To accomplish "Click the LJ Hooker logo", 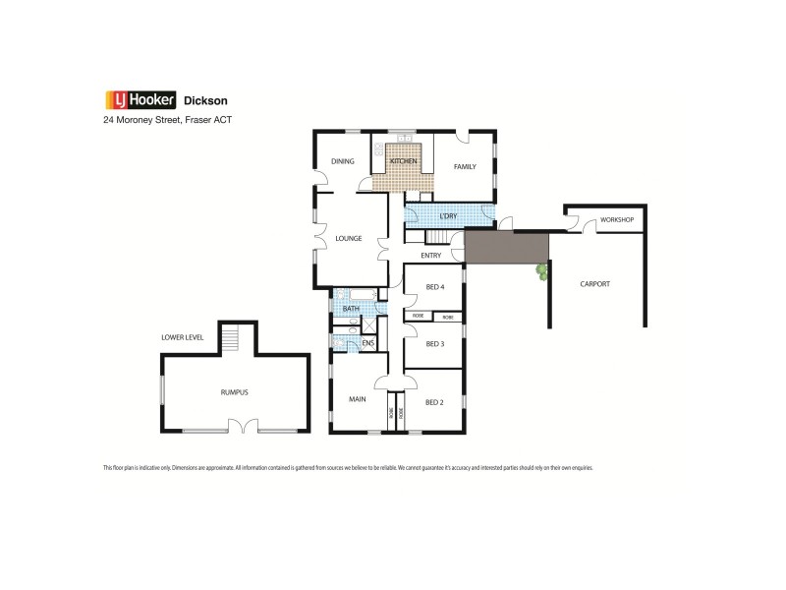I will pos(140,99).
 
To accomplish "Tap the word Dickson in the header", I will pos(206,99).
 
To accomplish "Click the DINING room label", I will pos(342,161).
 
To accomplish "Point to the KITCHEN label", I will pos(404,161).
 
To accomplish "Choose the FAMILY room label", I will pos(465,166).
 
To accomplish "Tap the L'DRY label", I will pos(448,215).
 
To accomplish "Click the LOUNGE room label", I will pos(349,238).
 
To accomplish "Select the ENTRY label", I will pos(430,256).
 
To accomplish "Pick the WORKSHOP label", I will pos(617,219).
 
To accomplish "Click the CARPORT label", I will pos(594,284).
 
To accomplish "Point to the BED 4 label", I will pos(435,287).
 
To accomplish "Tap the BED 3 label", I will pos(435,343).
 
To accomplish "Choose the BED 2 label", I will pos(435,401).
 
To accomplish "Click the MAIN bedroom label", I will pos(358,398).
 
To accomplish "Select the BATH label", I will pos(351,309).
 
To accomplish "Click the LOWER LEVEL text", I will pos(183,337).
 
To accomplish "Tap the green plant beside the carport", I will pos(540,270).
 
